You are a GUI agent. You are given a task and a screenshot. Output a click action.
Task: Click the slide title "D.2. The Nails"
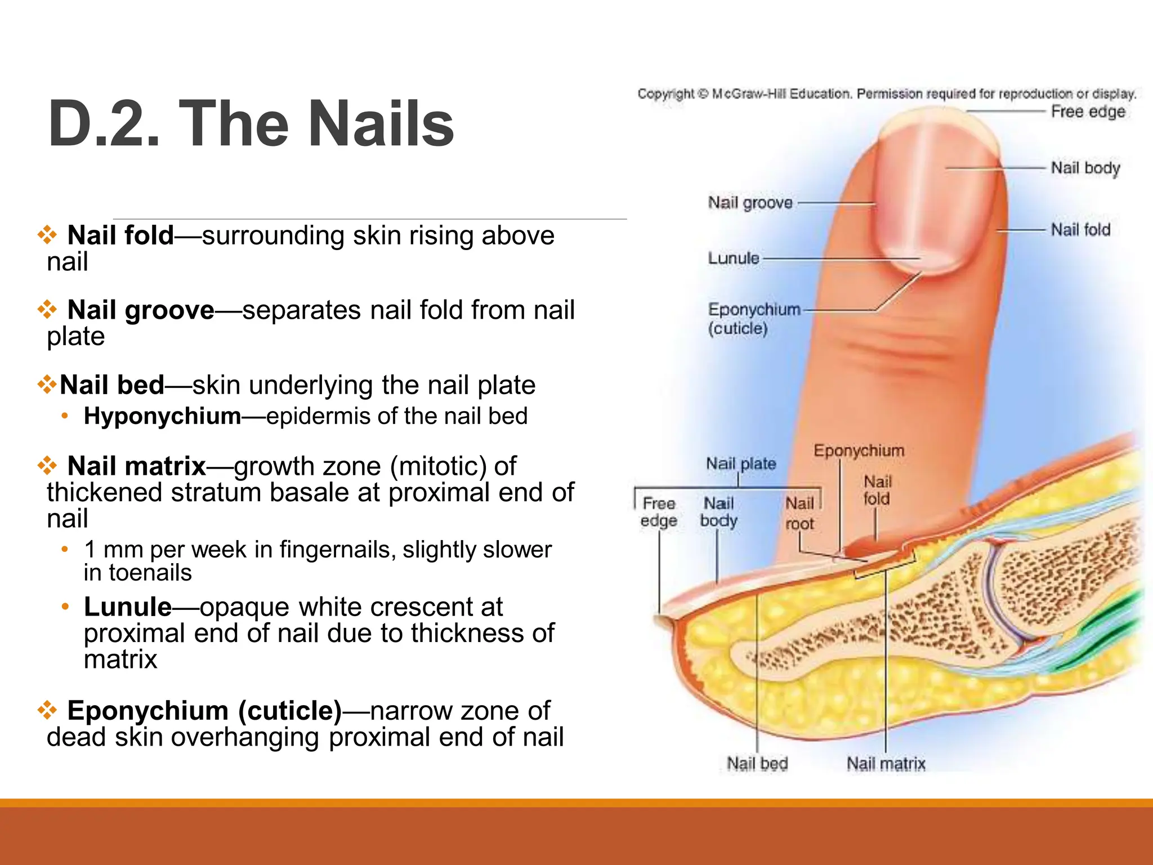pos(251,124)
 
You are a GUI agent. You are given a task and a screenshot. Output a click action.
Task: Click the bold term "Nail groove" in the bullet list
pos(141,310)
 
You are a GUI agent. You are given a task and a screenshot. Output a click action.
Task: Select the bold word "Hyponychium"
pos(162,416)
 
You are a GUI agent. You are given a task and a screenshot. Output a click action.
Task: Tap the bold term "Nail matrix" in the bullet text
pos(136,466)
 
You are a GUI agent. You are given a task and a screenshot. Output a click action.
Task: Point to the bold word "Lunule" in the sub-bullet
pos(128,607)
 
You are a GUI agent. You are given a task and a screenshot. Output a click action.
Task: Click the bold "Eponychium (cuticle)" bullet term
pos(204,711)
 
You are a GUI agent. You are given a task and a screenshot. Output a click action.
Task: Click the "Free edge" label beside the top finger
pos(1088,112)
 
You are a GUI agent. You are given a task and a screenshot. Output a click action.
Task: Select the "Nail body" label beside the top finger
pos(1085,168)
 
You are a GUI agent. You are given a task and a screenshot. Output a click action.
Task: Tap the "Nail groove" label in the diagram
pos(750,203)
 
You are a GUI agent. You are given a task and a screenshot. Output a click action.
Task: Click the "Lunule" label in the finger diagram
pos(734,258)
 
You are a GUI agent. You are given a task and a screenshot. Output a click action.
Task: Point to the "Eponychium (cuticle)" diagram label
pos(753,319)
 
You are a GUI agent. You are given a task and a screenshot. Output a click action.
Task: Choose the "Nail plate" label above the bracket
pos(741,464)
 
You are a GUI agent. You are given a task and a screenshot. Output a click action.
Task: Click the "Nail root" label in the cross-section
pos(799,513)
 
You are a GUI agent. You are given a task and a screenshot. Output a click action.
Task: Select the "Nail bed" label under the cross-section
pos(757,764)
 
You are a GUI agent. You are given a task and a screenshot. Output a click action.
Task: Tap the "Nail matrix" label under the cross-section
pos(886,764)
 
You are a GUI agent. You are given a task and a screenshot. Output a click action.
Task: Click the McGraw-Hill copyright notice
pos(887,93)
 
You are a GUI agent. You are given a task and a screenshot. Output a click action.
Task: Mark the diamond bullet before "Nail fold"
pos(47,234)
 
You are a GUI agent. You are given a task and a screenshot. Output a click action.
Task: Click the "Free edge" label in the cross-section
pos(659,512)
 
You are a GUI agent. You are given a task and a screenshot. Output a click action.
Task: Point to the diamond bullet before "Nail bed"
pos(47,385)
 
